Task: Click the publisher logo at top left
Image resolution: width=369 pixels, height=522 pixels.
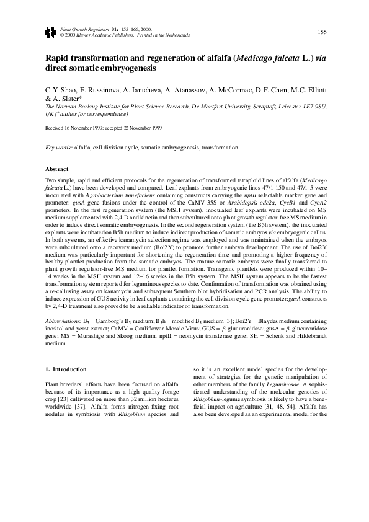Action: (50, 32)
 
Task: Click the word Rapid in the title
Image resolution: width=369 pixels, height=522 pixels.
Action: (58, 56)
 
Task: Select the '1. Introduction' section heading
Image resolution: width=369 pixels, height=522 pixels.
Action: (71, 369)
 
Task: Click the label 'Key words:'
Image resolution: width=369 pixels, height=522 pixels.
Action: (60, 149)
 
